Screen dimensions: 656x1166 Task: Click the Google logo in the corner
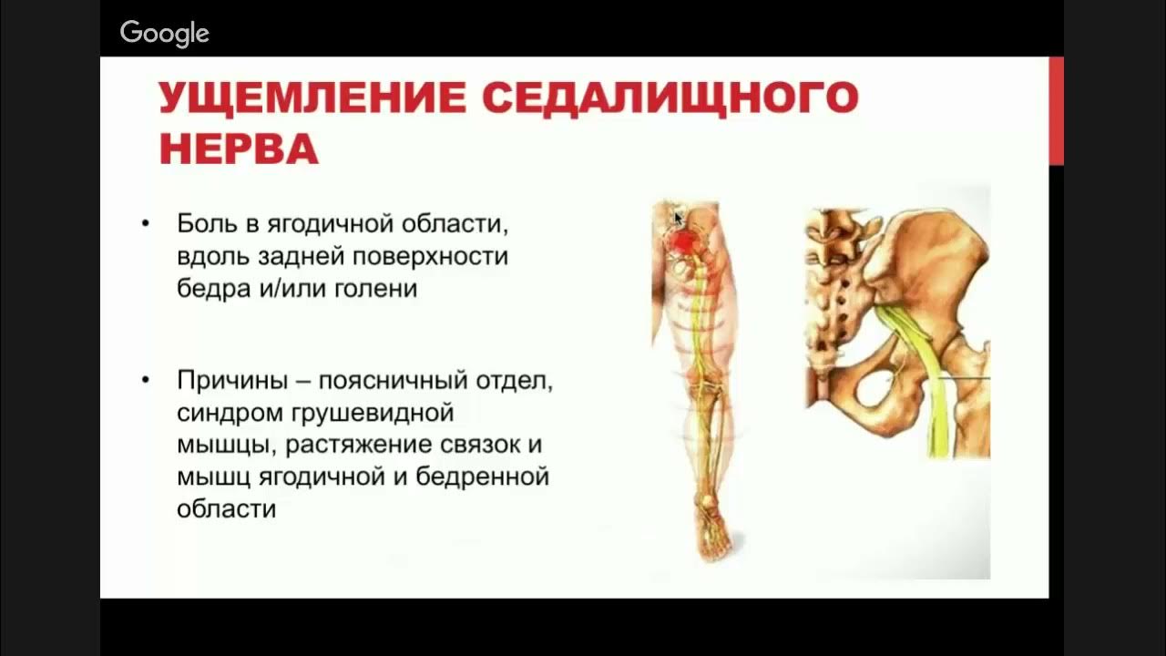click(x=165, y=34)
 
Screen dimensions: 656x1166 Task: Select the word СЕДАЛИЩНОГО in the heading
click(x=670, y=97)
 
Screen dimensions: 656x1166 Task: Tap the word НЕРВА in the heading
click(x=239, y=149)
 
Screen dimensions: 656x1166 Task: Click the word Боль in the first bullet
click(x=202, y=223)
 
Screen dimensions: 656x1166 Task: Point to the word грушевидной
click(x=373, y=413)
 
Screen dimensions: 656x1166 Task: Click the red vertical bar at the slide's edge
click(x=1056, y=110)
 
